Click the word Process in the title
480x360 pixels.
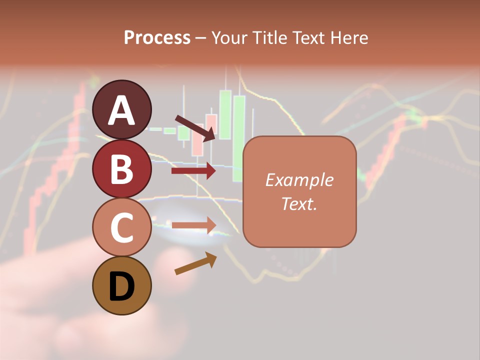(x=157, y=38)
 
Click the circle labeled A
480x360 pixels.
(x=121, y=109)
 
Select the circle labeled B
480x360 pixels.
(x=121, y=168)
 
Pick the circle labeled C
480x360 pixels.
(x=121, y=227)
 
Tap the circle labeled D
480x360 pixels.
(x=121, y=285)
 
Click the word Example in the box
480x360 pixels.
(x=299, y=180)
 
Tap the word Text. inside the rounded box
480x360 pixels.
(x=299, y=203)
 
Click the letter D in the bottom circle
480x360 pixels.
(x=121, y=287)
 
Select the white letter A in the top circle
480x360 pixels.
(x=121, y=110)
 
